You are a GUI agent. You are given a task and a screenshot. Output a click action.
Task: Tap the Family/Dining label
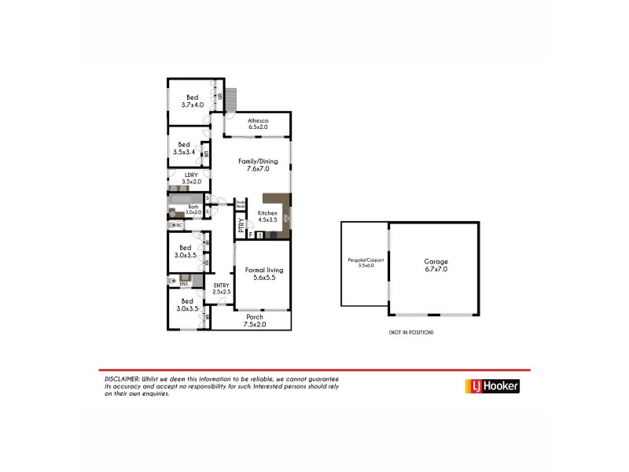click(258, 164)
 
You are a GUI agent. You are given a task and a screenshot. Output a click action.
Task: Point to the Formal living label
click(263, 273)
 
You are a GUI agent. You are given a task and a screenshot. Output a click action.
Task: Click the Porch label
click(255, 320)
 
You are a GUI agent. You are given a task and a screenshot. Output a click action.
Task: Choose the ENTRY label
click(221, 289)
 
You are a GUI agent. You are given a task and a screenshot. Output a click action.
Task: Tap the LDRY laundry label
click(191, 179)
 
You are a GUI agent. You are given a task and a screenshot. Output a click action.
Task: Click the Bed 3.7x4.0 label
click(192, 101)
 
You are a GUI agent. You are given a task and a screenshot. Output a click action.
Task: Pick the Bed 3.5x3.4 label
click(185, 148)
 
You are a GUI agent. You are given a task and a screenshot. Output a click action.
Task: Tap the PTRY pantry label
click(241, 227)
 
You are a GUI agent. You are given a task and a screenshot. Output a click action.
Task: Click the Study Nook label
click(241, 205)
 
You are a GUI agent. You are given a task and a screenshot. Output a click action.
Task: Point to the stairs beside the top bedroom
click(232, 98)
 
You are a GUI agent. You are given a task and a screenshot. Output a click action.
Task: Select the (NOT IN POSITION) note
click(410, 333)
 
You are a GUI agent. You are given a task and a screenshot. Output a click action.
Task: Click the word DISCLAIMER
click(122, 378)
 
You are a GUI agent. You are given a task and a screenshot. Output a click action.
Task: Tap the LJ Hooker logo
click(491, 386)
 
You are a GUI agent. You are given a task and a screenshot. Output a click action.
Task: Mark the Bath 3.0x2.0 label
click(193, 209)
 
